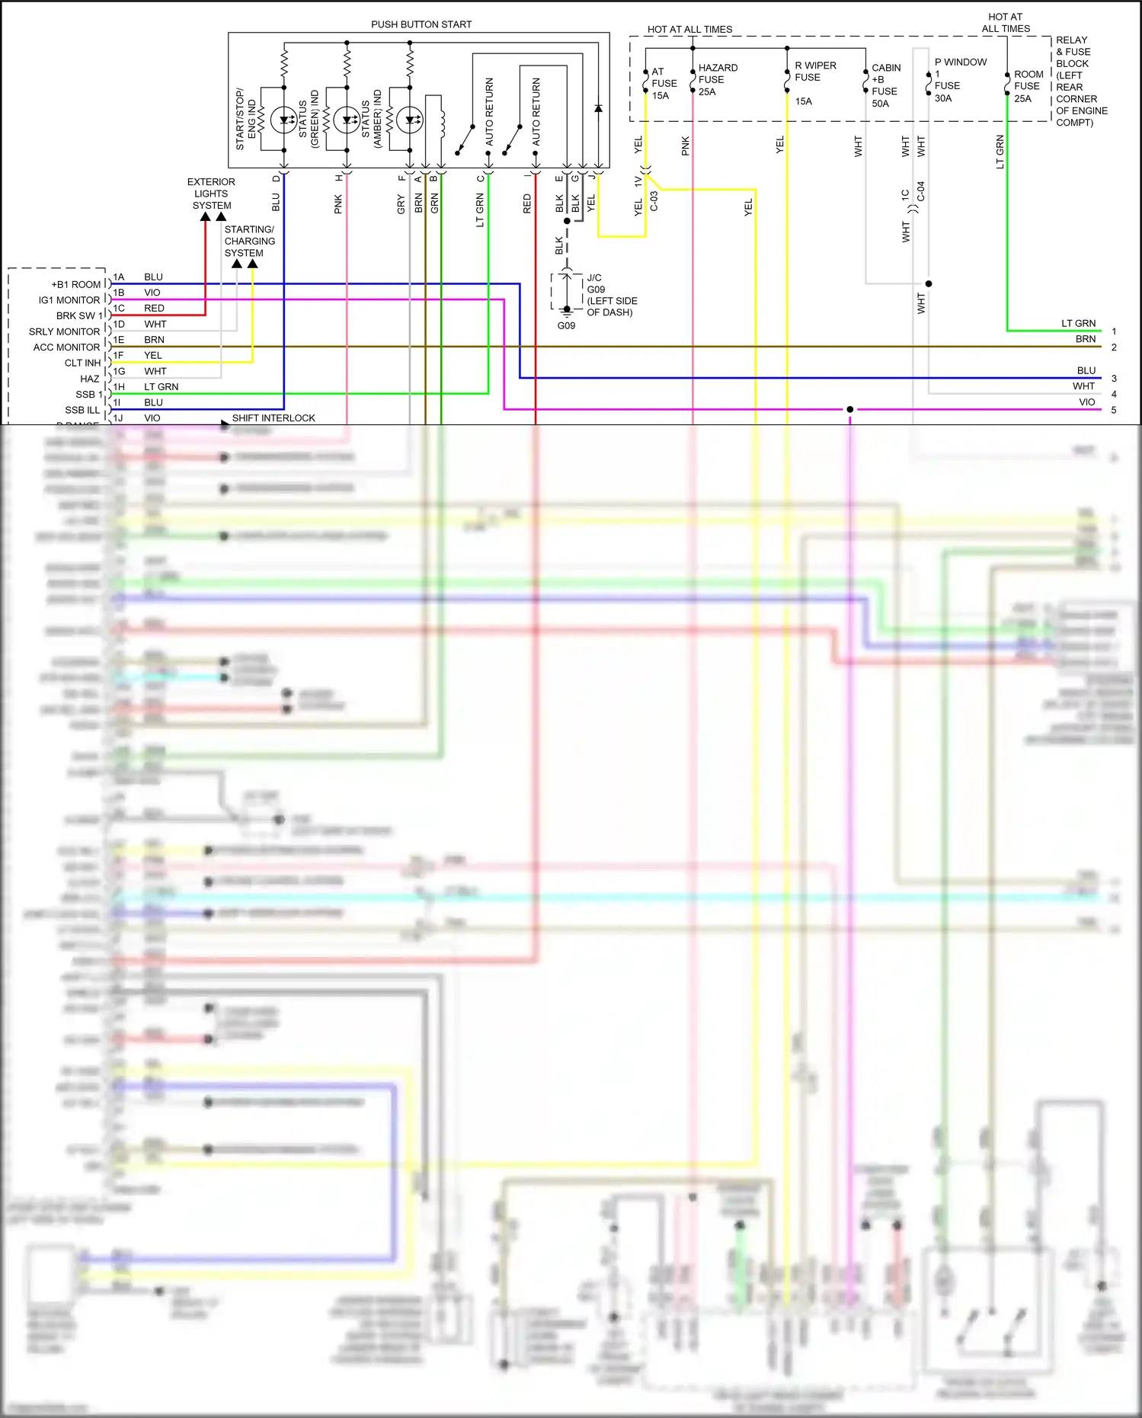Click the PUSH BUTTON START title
point(421,24)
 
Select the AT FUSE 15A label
point(663,84)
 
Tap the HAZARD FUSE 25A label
point(717,80)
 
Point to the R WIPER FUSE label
point(814,72)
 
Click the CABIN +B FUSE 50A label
point(885,85)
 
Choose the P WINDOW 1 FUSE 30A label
point(959,79)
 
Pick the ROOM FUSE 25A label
point(1028,86)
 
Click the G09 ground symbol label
point(566,325)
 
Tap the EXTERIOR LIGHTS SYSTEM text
point(211,194)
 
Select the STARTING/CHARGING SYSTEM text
point(249,241)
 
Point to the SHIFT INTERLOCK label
point(273,418)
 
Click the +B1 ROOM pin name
point(75,284)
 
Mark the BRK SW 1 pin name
point(78,315)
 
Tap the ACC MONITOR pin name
point(66,347)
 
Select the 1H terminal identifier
point(119,386)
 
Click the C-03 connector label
point(654,200)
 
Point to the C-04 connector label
point(920,190)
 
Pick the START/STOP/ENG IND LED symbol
point(284,120)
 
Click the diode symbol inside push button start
point(598,108)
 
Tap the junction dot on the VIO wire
point(849,409)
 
